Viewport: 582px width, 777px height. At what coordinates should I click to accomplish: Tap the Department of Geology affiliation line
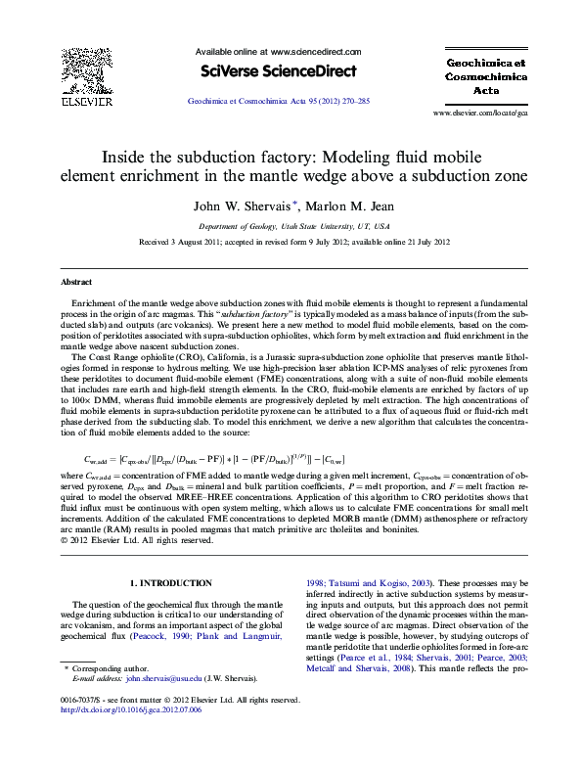click(291, 225)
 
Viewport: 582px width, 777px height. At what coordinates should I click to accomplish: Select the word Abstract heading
click(77, 282)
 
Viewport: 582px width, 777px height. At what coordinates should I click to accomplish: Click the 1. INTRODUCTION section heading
click(171, 582)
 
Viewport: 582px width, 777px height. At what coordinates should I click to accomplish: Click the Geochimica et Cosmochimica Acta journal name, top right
click(486, 73)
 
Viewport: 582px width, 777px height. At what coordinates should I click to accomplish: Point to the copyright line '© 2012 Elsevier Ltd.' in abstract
click(137, 539)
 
